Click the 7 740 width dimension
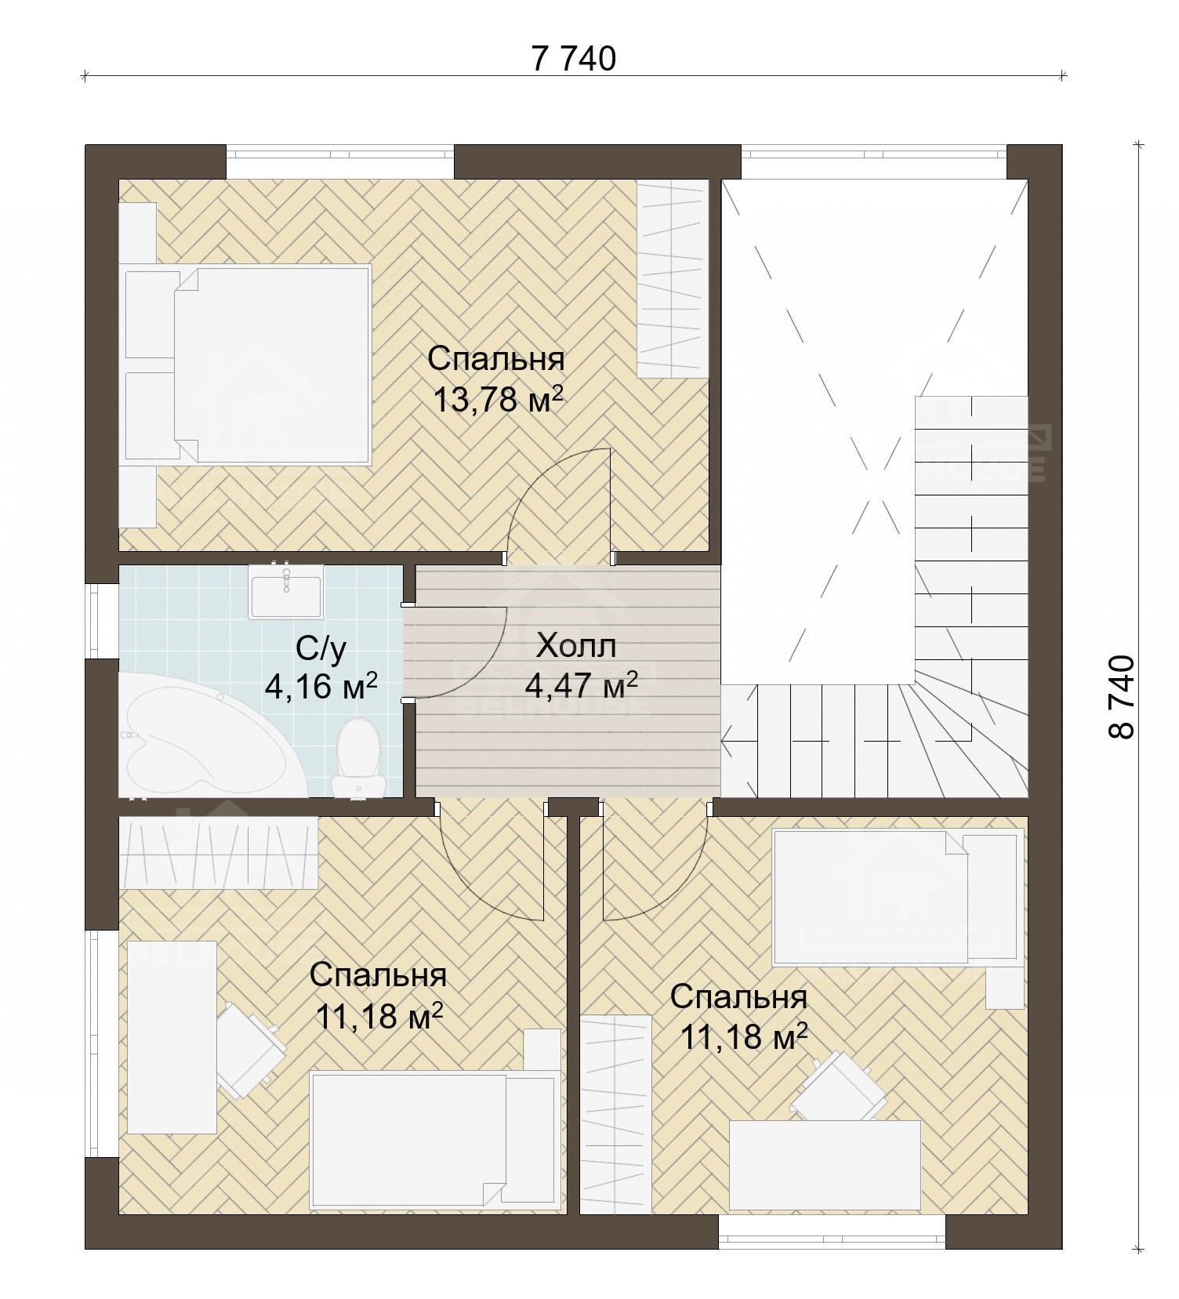click(574, 60)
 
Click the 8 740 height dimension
click(1122, 697)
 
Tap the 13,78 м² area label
click(499, 400)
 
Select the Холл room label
click(576, 647)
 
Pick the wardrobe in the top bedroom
click(673, 279)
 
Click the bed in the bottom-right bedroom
click(898, 898)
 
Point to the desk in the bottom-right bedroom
click(825, 1165)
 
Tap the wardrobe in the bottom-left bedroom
click(218, 853)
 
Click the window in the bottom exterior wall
click(832, 1232)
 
